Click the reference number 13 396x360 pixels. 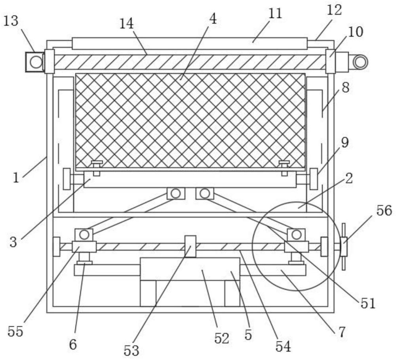click(x=11, y=21)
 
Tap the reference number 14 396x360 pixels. click(x=126, y=24)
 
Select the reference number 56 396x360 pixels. click(x=384, y=211)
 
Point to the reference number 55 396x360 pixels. click(x=15, y=331)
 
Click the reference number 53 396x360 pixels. click(x=131, y=350)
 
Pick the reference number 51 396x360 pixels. click(x=368, y=303)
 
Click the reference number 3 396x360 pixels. click(x=13, y=242)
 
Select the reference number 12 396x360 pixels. click(x=334, y=10)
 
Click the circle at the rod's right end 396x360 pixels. click(x=360, y=62)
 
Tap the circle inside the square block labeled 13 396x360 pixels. click(x=36, y=62)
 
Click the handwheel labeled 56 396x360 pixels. click(x=343, y=247)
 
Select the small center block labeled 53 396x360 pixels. click(x=190, y=246)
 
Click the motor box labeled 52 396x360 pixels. click(x=190, y=269)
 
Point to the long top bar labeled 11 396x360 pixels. click(x=190, y=44)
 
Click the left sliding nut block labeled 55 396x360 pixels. click(x=84, y=247)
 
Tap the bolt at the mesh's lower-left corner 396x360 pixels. click(x=97, y=168)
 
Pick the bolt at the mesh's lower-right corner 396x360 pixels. click(x=284, y=168)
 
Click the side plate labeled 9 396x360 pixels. click(x=314, y=179)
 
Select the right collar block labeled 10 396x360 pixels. click(x=331, y=62)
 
